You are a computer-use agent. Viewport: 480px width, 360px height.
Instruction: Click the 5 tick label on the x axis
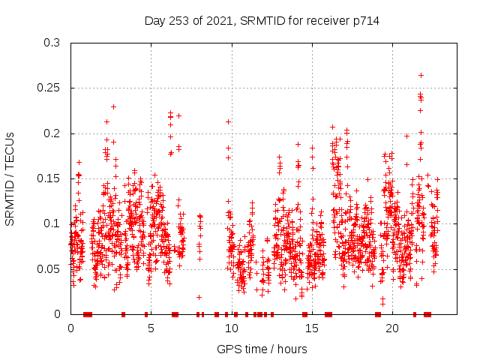point(151,328)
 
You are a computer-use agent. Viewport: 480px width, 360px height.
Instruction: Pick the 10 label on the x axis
point(232,328)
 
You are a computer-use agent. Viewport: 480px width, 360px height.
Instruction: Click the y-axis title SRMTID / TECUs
point(10,178)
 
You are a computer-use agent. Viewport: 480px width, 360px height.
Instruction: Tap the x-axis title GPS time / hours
point(262,349)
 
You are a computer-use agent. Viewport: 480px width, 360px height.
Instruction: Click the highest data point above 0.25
point(421,75)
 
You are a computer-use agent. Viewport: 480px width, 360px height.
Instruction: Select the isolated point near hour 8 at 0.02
point(199,297)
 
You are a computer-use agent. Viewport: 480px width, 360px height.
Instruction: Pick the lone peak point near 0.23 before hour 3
point(113,106)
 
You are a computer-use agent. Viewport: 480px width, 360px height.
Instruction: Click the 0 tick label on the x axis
point(70,328)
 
